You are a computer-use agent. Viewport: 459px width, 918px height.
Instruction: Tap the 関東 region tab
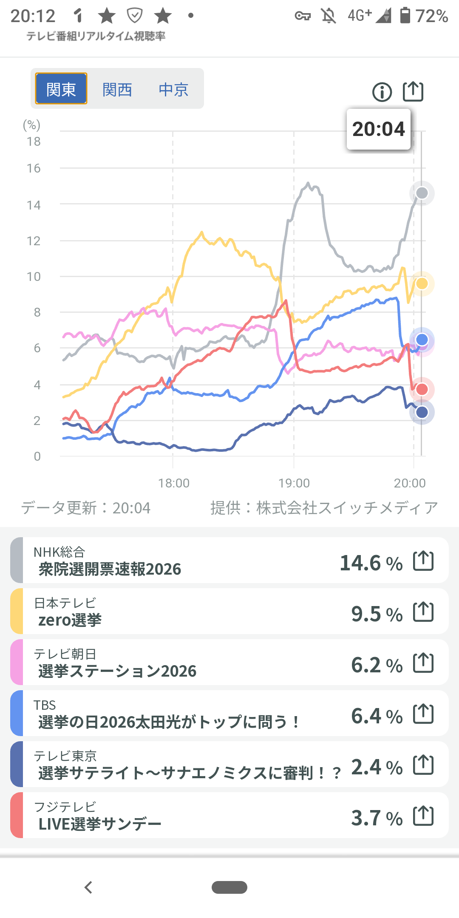click(61, 89)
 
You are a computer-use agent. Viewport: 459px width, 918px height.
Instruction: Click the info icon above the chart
click(382, 92)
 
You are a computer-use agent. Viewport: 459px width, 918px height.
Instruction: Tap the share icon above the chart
click(413, 91)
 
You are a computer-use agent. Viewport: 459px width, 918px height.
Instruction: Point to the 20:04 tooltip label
click(379, 129)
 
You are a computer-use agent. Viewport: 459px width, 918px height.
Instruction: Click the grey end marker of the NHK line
click(422, 193)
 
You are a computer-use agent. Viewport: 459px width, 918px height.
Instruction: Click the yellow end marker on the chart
click(422, 283)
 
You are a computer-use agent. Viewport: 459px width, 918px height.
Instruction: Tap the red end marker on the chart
click(422, 389)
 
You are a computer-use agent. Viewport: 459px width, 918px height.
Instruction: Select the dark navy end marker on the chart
click(422, 412)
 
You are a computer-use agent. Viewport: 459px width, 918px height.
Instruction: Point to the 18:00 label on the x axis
click(174, 483)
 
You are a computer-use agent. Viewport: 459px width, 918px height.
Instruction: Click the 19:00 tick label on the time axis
click(294, 483)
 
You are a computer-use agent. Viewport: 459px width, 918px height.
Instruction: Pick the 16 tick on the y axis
click(34, 168)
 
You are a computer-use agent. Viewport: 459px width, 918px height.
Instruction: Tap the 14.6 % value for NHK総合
click(371, 563)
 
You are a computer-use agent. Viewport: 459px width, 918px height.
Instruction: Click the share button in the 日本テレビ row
click(423, 612)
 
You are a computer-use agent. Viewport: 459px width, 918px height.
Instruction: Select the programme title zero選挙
click(70, 620)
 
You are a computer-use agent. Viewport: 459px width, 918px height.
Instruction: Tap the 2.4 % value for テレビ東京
click(377, 767)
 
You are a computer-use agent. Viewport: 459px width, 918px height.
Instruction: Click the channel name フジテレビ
click(65, 807)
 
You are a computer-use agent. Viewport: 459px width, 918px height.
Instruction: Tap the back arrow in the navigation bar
click(88, 887)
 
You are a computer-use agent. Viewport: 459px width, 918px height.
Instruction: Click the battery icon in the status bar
click(405, 16)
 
